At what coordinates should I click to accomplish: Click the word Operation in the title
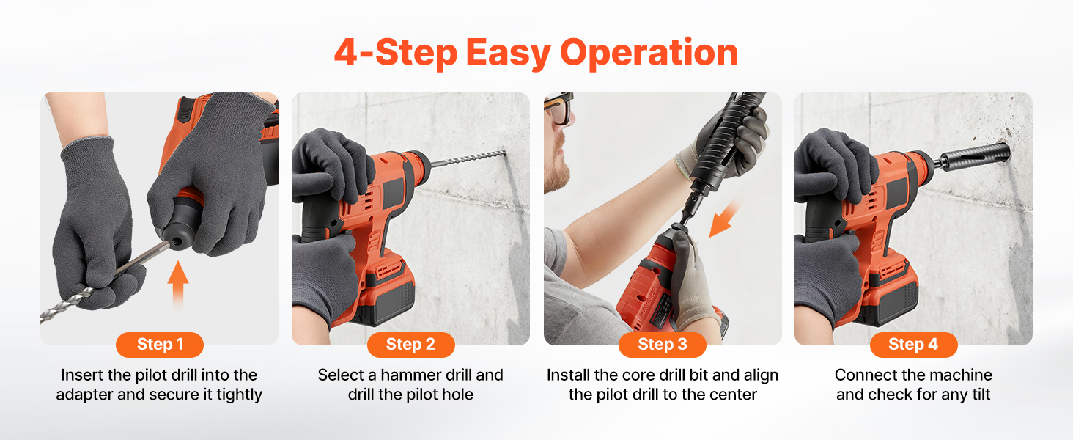click(649, 54)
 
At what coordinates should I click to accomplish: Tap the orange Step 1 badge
click(160, 345)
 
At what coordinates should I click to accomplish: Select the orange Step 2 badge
click(411, 345)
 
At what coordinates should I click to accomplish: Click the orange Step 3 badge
click(663, 345)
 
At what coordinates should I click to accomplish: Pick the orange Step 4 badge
click(913, 345)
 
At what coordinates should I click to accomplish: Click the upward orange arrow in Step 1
click(177, 285)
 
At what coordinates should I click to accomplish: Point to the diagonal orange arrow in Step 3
click(724, 219)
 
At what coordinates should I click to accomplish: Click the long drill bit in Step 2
click(468, 158)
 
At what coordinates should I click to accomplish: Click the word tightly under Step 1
click(239, 395)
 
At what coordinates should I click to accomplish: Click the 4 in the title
click(346, 52)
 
